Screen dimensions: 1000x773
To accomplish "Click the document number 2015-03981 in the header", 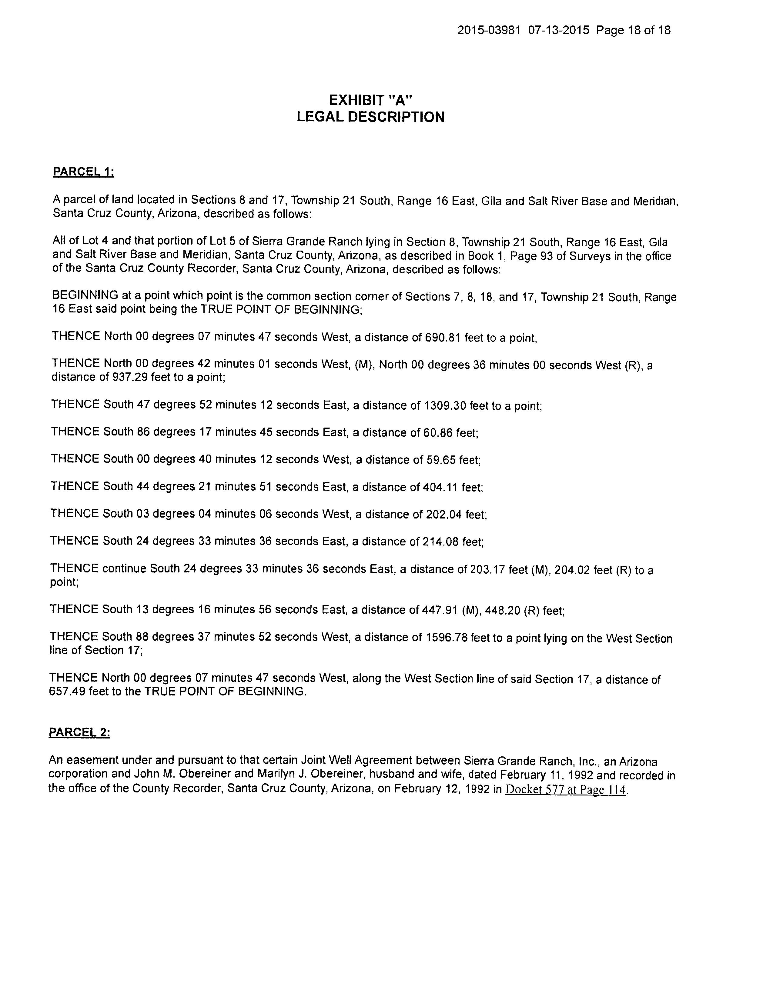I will (x=489, y=30).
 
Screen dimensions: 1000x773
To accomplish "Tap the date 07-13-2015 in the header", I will (x=558, y=30).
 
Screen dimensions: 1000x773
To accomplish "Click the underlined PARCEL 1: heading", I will (x=83, y=172).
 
